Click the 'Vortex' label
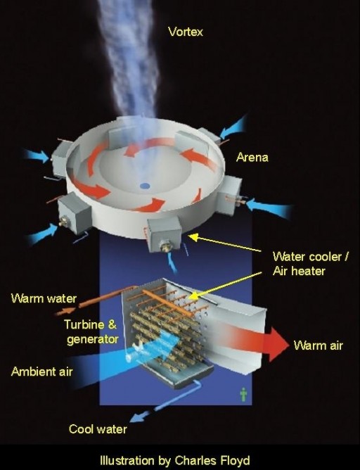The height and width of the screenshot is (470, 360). pos(185,31)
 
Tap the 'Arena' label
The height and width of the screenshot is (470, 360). pos(252,158)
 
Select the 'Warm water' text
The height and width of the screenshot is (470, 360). pos(44,298)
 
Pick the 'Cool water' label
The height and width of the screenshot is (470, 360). pos(98,429)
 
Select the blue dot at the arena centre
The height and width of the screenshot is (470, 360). pos(145,186)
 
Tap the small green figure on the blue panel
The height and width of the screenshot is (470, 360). pos(243,393)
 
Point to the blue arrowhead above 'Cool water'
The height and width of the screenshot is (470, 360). pos(135,415)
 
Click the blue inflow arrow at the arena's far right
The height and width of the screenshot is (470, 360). pos(271,208)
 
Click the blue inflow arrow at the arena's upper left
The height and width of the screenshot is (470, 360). pos(34,154)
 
